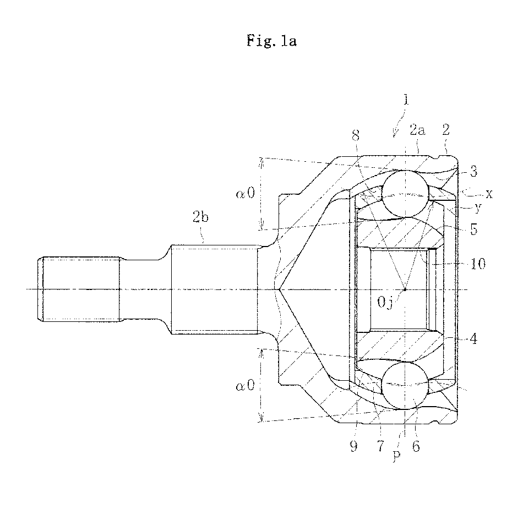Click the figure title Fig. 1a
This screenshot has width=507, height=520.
coord(271,41)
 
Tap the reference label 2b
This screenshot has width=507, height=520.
coord(200,217)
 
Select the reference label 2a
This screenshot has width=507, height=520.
coord(417,130)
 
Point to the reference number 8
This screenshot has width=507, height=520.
coord(356,135)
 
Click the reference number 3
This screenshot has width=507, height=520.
coord(473,172)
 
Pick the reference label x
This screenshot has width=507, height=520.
coord(489,194)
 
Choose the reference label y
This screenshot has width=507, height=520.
coord(478,208)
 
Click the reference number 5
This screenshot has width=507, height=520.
coord(474,229)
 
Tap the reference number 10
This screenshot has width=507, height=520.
coord(478,264)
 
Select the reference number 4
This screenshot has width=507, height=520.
coord(473,339)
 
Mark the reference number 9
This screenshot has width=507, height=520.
coord(354,446)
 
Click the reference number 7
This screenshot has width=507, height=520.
coord(380,446)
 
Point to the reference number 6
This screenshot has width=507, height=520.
coord(416,446)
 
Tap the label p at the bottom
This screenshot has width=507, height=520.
coord(397,455)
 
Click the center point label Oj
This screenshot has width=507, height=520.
coord(385,303)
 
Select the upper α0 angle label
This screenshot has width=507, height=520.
coord(245,193)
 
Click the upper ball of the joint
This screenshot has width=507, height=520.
coord(405,194)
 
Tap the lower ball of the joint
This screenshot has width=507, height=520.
coord(405,385)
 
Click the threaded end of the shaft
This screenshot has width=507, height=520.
coord(79,289)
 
